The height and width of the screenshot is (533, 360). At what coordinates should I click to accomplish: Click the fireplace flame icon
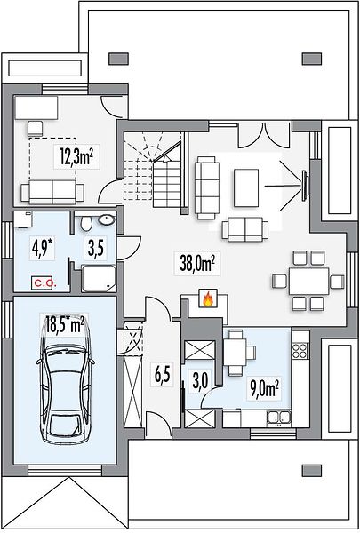pyautogui.click(x=208, y=298)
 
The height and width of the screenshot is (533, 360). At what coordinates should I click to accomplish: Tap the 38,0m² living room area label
pyautogui.click(x=197, y=263)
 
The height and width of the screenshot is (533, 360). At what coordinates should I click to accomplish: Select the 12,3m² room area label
pyautogui.click(x=76, y=156)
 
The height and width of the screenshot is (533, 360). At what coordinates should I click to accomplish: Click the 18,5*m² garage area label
pyautogui.click(x=65, y=324)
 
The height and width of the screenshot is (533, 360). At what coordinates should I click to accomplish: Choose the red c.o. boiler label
pyautogui.click(x=43, y=282)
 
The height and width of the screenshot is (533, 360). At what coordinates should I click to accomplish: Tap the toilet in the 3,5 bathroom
pyautogui.click(x=86, y=224)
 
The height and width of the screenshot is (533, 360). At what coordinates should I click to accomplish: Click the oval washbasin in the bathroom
pyautogui.click(x=107, y=219)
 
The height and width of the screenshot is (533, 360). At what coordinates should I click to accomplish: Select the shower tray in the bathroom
pyautogui.click(x=99, y=278)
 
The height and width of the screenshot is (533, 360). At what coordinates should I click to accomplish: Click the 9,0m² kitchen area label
pyautogui.click(x=265, y=390)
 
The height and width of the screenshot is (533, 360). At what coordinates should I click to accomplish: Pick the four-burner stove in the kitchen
pyautogui.click(x=300, y=350)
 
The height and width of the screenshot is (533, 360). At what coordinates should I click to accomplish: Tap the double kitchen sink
pyautogui.click(x=279, y=418)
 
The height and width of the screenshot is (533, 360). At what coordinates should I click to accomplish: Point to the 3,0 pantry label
pyautogui.click(x=200, y=381)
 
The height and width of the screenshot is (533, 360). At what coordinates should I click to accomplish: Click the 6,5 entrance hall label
pyautogui.click(x=163, y=375)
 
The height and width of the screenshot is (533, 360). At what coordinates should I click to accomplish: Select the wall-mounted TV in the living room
pyautogui.click(x=305, y=185)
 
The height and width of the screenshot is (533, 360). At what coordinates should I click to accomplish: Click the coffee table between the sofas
pyautogui.click(x=246, y=187)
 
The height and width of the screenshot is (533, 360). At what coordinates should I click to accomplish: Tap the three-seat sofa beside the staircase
pyautogui.click(x=206, y=187)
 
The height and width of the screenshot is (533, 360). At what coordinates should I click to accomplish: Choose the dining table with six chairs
pyautogui.click(x=309, y=281)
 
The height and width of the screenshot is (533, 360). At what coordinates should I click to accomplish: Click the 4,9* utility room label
pyautogui.click(x=44, y=249)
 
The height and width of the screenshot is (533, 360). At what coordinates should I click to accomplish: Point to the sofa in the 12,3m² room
pyautogui.click(x=52, y=192)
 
